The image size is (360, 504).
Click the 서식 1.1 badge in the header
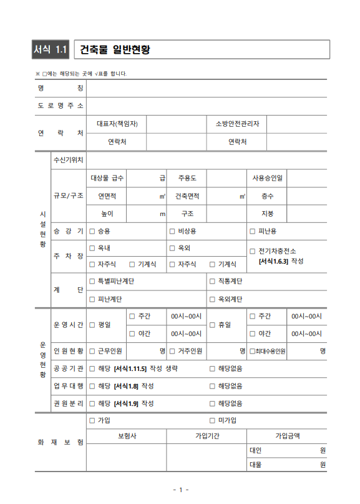[x=52, y=49]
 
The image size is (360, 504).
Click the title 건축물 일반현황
[x=116, y=49]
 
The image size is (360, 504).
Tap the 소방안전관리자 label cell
[x=237, y=124]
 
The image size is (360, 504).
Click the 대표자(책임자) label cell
[x=117, y=124]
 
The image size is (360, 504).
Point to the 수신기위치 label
[x=69, y=160]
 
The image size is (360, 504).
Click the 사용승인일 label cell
[x=268, y=178]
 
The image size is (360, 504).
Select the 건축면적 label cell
[x=187, y=195]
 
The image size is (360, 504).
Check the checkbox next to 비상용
[x=173, y=231]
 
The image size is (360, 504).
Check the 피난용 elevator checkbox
[x=253, y=231]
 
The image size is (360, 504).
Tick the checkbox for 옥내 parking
[x=92, y=248]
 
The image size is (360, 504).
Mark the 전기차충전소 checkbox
[x=253, y=251]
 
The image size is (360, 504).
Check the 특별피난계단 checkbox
[x=92, y=281]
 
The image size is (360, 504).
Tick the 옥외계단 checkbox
[x=213, y=299]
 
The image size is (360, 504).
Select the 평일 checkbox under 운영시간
[x=92, y=325]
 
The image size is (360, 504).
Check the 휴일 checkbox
[x=213, y=325]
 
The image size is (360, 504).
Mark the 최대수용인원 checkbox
[x=252, y=351]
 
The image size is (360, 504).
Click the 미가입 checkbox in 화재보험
[x=213, y=420]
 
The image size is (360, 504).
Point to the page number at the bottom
[x=180, y=490]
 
